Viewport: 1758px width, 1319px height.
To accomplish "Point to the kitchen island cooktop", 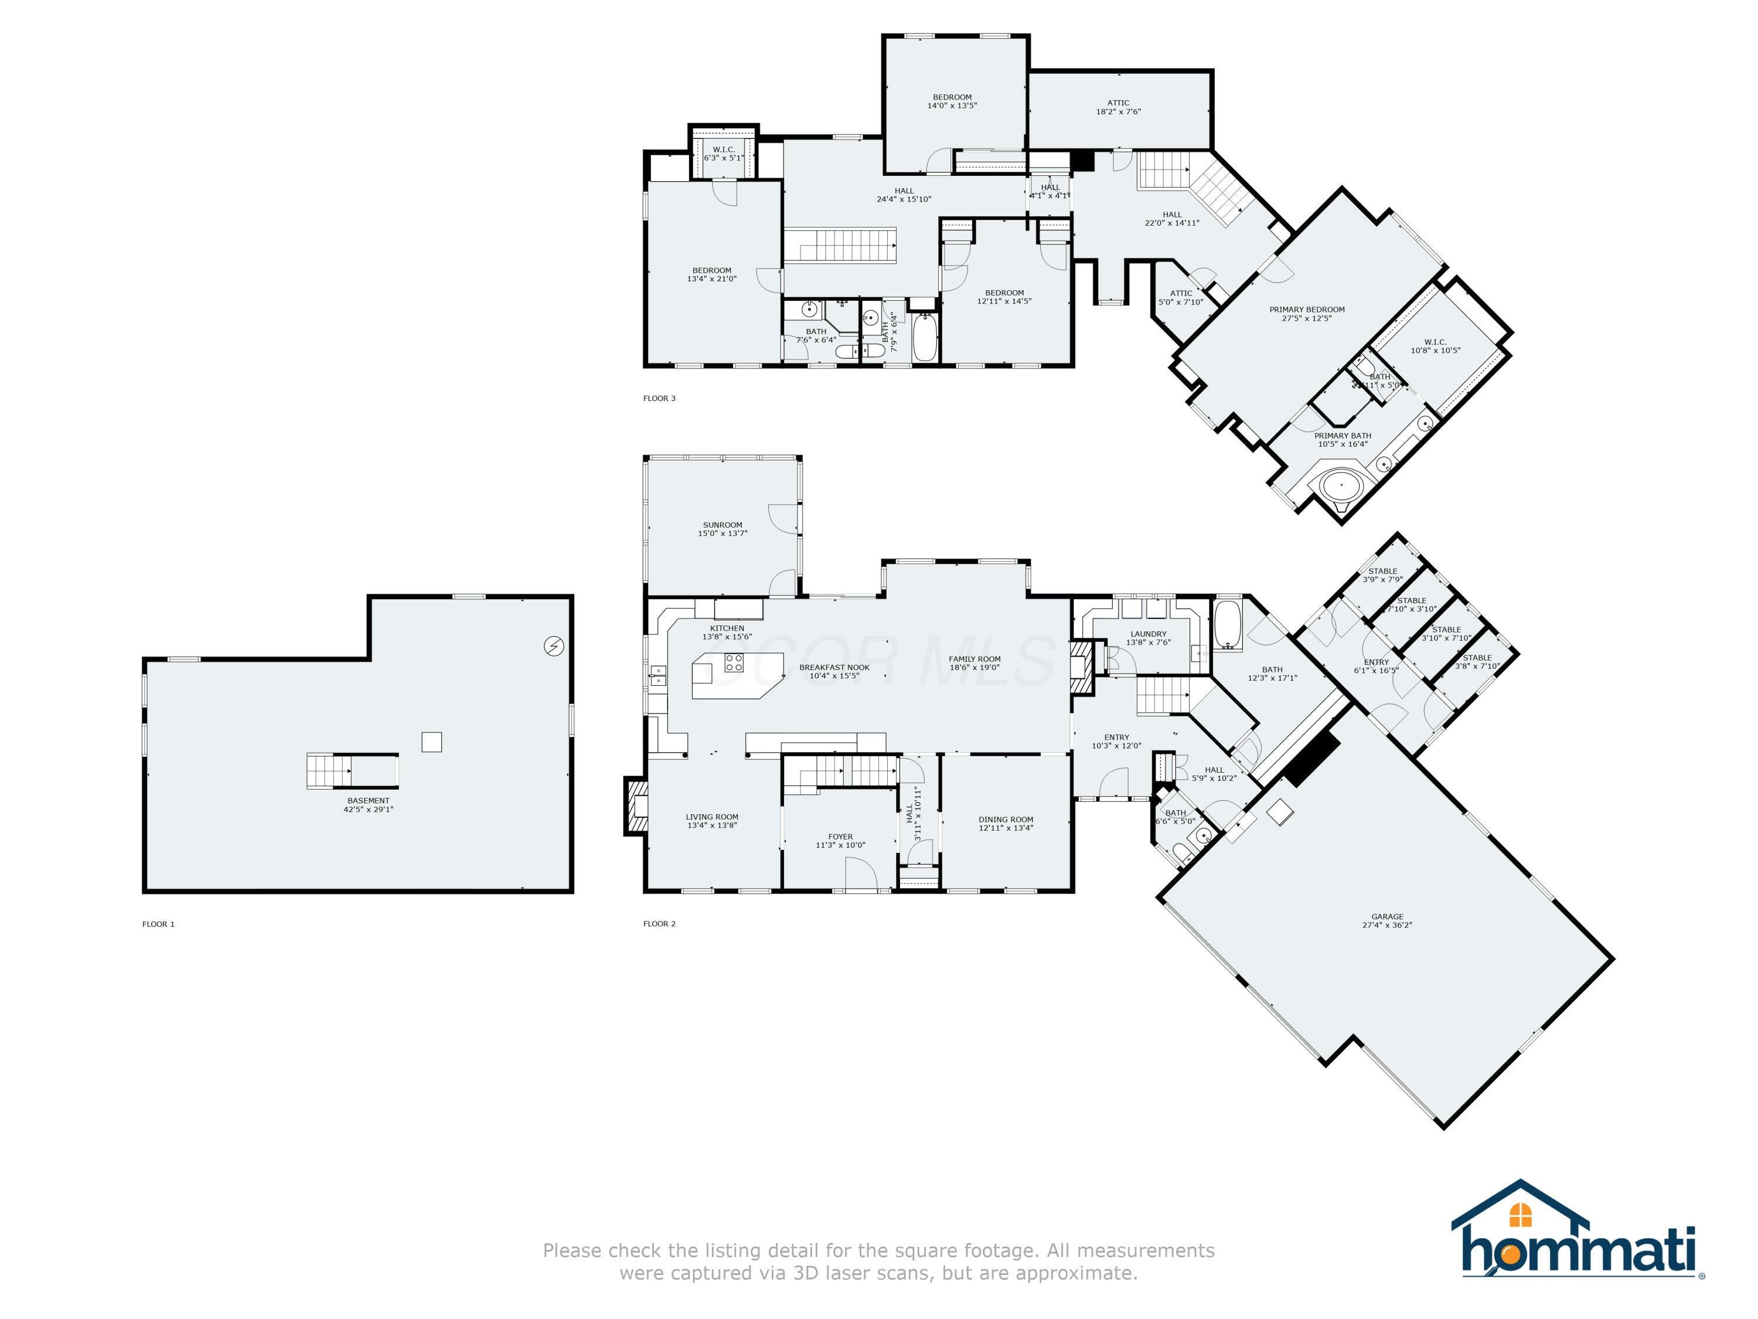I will click(734, 662).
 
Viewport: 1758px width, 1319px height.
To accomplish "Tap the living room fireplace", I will click(636, 806).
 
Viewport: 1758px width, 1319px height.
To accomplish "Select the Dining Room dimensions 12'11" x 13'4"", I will click(1006, 828).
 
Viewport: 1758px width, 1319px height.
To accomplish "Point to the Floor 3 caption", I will click(659, 398).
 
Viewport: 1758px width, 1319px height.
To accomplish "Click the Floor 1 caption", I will click(158, 924).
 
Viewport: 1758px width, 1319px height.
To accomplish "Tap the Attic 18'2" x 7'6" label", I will click(1118, 107).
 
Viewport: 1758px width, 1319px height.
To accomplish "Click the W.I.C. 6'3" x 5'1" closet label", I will click(723, 154).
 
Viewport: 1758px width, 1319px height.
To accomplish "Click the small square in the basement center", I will click(431, 742).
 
